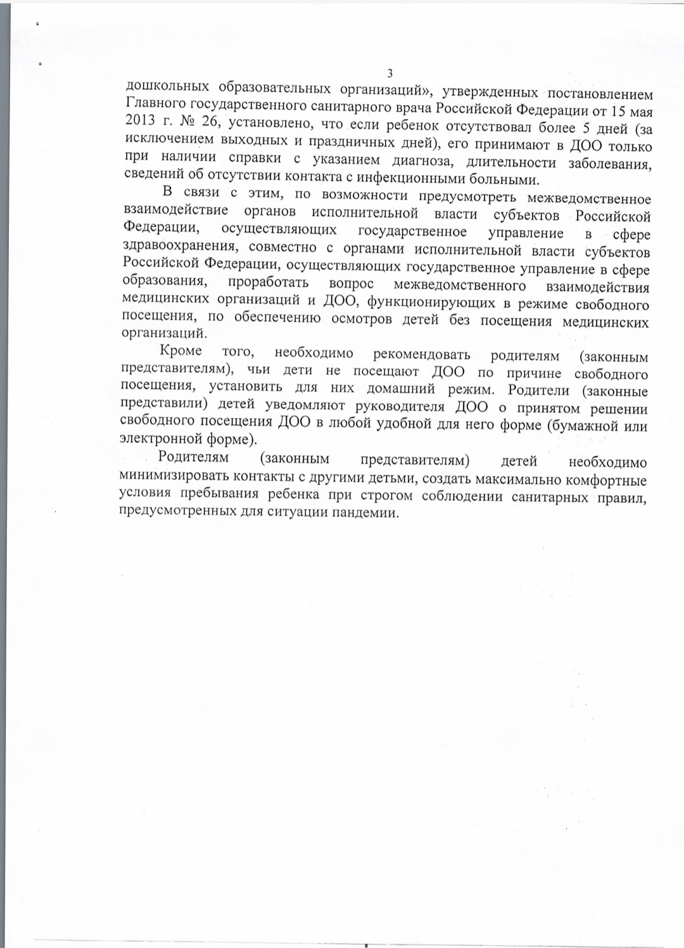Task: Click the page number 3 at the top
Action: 390,73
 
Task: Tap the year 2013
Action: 142,122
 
